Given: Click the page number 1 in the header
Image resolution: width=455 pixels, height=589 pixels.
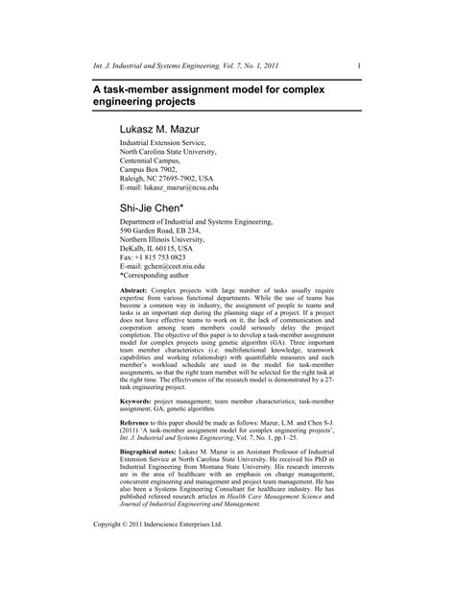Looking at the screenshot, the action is pyautogui.click(x=358, y=65).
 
